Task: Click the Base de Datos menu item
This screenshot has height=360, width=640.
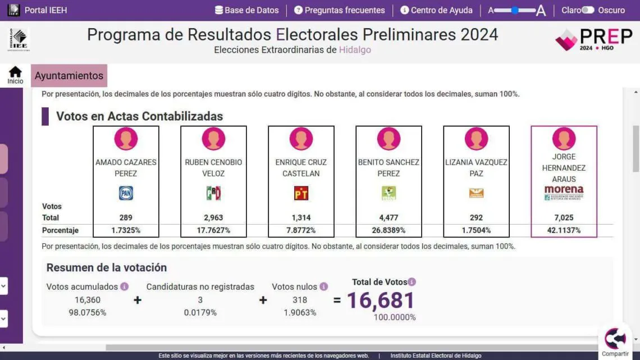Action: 246,10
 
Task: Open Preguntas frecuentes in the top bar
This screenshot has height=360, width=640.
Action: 340,10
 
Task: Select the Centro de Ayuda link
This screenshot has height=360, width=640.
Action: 436,10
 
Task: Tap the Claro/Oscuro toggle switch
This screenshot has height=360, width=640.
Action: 587,10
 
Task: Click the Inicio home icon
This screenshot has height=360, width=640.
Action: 15,74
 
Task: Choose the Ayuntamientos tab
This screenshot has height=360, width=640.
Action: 69,76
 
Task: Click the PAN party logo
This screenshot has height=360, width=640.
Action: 126,193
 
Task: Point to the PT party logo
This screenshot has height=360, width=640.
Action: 301,193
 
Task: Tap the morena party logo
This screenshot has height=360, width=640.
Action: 564,193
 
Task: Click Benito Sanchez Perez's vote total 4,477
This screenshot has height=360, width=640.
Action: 388,217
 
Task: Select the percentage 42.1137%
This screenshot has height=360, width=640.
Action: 564,230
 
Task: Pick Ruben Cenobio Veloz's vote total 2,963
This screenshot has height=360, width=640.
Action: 213,217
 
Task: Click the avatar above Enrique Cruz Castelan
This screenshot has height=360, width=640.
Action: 301,139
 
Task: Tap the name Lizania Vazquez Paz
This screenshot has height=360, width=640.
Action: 476,167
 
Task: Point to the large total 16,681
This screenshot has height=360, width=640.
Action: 381,300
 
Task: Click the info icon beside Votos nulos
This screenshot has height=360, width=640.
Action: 324,286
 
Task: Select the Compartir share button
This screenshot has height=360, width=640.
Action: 615,341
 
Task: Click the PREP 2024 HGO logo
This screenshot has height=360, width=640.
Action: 593,39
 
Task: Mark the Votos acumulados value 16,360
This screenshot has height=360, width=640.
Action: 87,300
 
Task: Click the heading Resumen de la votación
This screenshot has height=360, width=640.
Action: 107,267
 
